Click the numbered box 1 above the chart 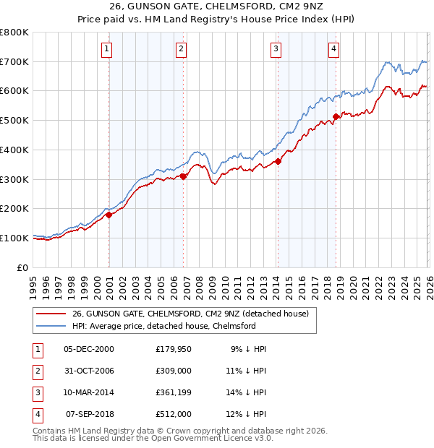106,49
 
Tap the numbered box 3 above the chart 276,49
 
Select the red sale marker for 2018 336,116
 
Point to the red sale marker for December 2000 109,214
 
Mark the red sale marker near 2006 184,176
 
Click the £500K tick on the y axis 14,120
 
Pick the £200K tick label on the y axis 14,208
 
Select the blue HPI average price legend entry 163,327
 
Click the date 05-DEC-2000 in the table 89,349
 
